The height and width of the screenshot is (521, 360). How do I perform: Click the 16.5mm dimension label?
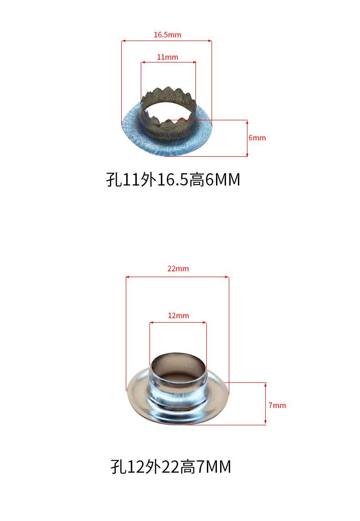(x=167, y=35)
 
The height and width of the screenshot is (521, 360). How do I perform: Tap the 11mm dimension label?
(x=167, y=57)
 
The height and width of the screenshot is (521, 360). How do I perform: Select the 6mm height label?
(x=257, y=138)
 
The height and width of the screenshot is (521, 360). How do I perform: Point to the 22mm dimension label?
(x=178, y=268)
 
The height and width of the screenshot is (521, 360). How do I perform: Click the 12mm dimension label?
(x=178, y=316)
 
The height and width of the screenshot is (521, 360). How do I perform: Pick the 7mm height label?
(x=278, y=405)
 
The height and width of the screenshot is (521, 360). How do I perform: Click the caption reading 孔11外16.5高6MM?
(x=173, y=180)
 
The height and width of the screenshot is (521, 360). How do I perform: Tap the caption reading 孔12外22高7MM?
(x=171, y=467)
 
